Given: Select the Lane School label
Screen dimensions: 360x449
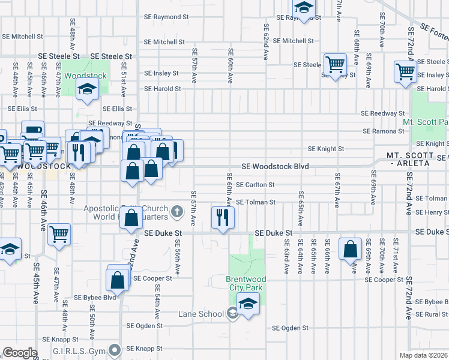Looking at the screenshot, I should point(201,314).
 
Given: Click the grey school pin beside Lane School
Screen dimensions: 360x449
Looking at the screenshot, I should point(232,313).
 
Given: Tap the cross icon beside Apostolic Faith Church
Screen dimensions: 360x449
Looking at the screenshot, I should point(176,211).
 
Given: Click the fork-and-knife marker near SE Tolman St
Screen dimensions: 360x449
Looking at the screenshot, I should point(223,217).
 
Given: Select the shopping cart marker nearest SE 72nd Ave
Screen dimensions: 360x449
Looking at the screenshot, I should point(406,71).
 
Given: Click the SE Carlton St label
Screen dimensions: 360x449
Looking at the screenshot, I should point(255,185).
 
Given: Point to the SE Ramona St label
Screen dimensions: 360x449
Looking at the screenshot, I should point(383,131).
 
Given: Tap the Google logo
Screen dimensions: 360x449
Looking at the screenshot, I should point(20,353).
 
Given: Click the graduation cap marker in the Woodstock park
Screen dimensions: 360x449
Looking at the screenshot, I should point(88,91).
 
